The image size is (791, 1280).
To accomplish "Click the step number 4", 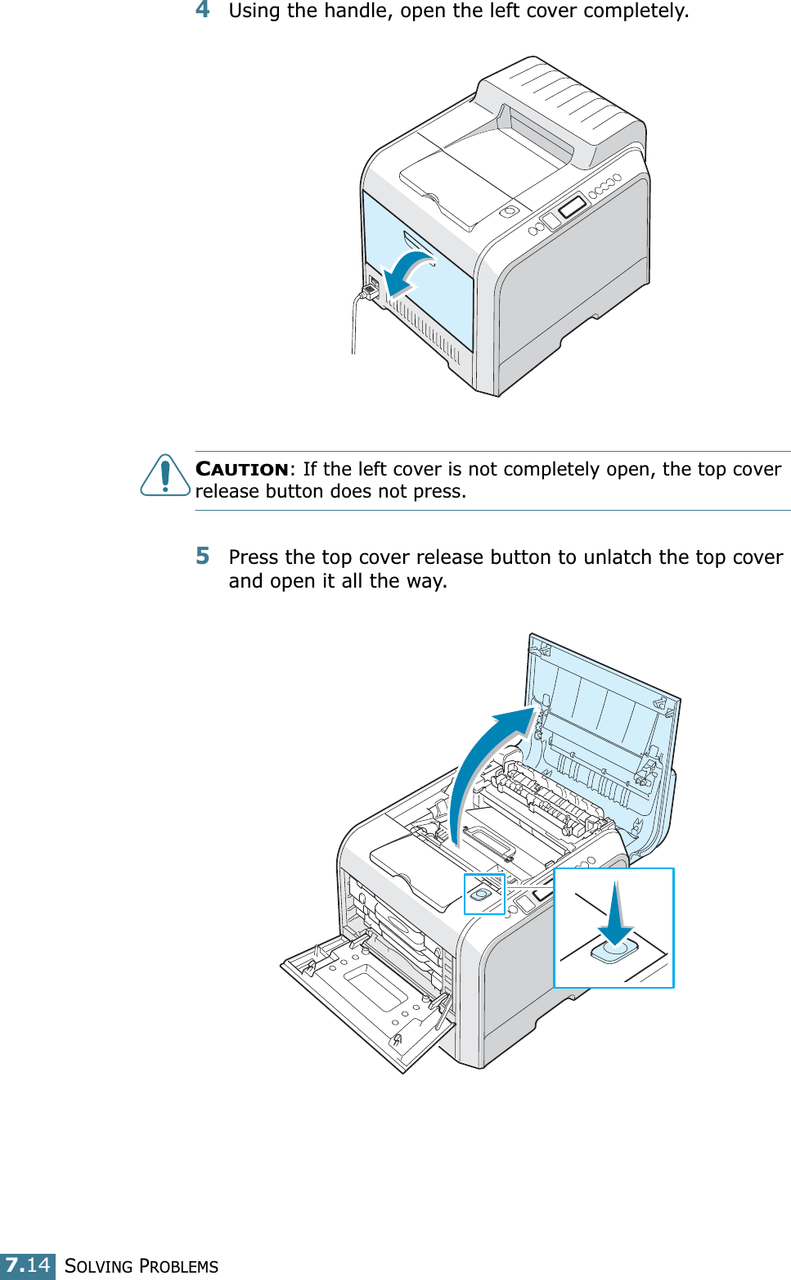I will pyautogui.click(x=203, y=10).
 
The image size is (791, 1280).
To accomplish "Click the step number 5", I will pyautogui.click(x=203, y=557).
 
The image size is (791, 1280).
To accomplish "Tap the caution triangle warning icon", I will pyautogui.click(x=165, y=475).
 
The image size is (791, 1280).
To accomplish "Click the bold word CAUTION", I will pyautogui.click(x=242, y=469).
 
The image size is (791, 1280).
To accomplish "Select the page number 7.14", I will pyautogui.click(x=28, y=1265).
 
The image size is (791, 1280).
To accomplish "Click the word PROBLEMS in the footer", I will pyautogui.click(x=179, y=1266).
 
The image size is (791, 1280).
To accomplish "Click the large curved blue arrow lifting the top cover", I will pyautogui.click(x=483, y=761).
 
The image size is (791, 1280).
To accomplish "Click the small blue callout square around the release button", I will pyautogui.click(x=484, y=894).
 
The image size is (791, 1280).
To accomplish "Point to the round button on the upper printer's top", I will pyautogui.click(x=509, y=212).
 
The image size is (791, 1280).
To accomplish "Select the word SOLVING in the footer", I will pyautogui.click(x=98, y=1266).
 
